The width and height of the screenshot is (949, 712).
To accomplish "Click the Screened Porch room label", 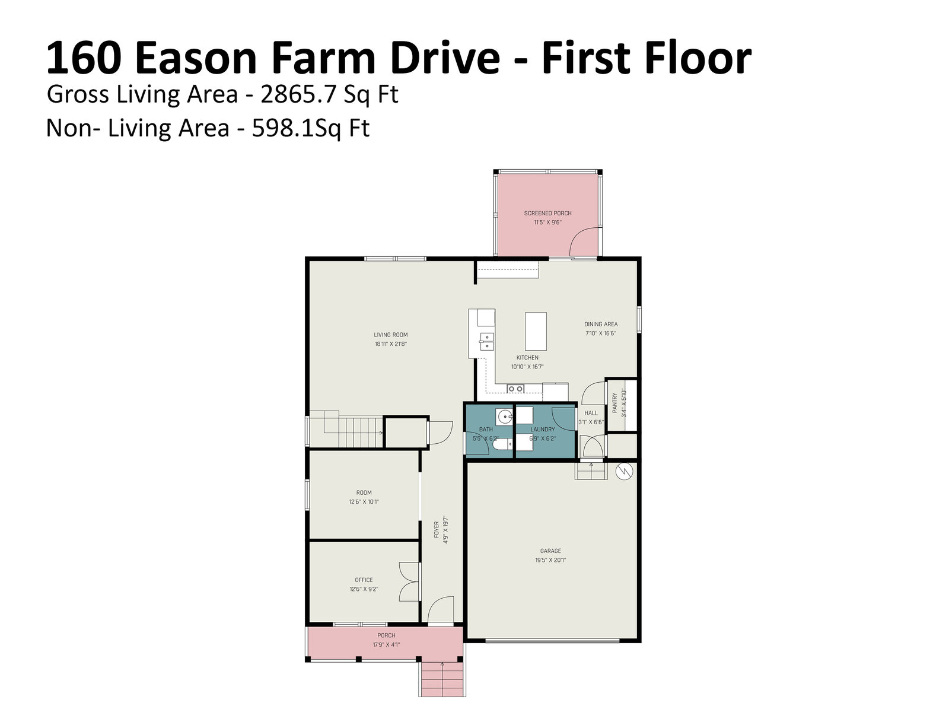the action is (x=547, y=213).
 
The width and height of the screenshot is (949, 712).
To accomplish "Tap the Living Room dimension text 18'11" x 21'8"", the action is (x=390, y=344).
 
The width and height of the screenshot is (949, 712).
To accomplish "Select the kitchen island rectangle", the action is (x=535, y=331).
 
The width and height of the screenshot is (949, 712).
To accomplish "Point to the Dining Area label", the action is (x=600, y=324).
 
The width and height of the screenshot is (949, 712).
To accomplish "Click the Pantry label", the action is (x=614, y=402).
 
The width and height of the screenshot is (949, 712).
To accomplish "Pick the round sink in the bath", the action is (x=505, y=417).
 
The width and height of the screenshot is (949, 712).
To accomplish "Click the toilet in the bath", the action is (x=502, y=444).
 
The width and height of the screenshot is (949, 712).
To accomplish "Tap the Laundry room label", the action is (x=542, y=429).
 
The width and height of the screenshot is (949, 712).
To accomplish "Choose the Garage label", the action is (x=550, y=551).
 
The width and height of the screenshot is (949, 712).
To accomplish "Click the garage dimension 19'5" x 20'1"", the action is (x=550, y=560).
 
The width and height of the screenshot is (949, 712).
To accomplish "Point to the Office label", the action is (x=364, y=580).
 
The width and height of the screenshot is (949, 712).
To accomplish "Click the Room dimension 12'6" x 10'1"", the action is (x=364, y=502).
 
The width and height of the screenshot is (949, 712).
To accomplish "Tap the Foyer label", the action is (x=436, y=530).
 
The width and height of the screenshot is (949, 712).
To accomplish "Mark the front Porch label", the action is (x=386, y=635).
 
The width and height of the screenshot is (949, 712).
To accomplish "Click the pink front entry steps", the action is (x=442, y=679).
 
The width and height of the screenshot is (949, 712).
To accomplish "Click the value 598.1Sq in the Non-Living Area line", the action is (x=294, y=128).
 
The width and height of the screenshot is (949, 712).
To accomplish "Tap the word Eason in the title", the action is (x=196, y=58).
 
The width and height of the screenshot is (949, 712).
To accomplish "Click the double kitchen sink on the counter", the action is (x=486, y=341).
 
